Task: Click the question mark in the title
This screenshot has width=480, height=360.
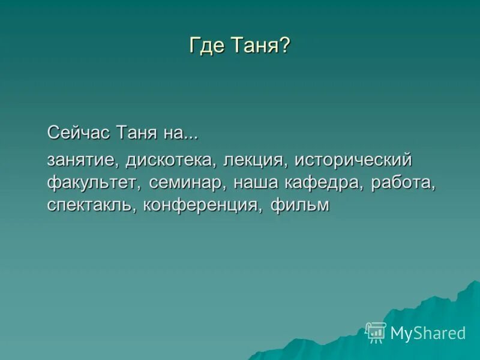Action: pyautogui.click(x=284, y=47)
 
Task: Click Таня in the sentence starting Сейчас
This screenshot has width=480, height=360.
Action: pyautogui.click(x=136, y=133)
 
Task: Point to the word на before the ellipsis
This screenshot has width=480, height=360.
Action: pyautogui.click(x=173, y=133)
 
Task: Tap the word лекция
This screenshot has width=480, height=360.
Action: pyautogui.click(x=250, y=161)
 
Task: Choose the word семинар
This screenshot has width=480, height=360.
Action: pyautogui.click(x=187, y=183)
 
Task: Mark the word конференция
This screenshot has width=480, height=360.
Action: pyautogui.click(x=203, y=205)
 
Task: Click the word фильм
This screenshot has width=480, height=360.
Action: pyautogui.click(x=300, y=205)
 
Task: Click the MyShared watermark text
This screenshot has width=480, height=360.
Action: pyautogui.click(x=428, y=333)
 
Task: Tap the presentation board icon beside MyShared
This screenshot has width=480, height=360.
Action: pyautogui.click(x=376, y=332)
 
